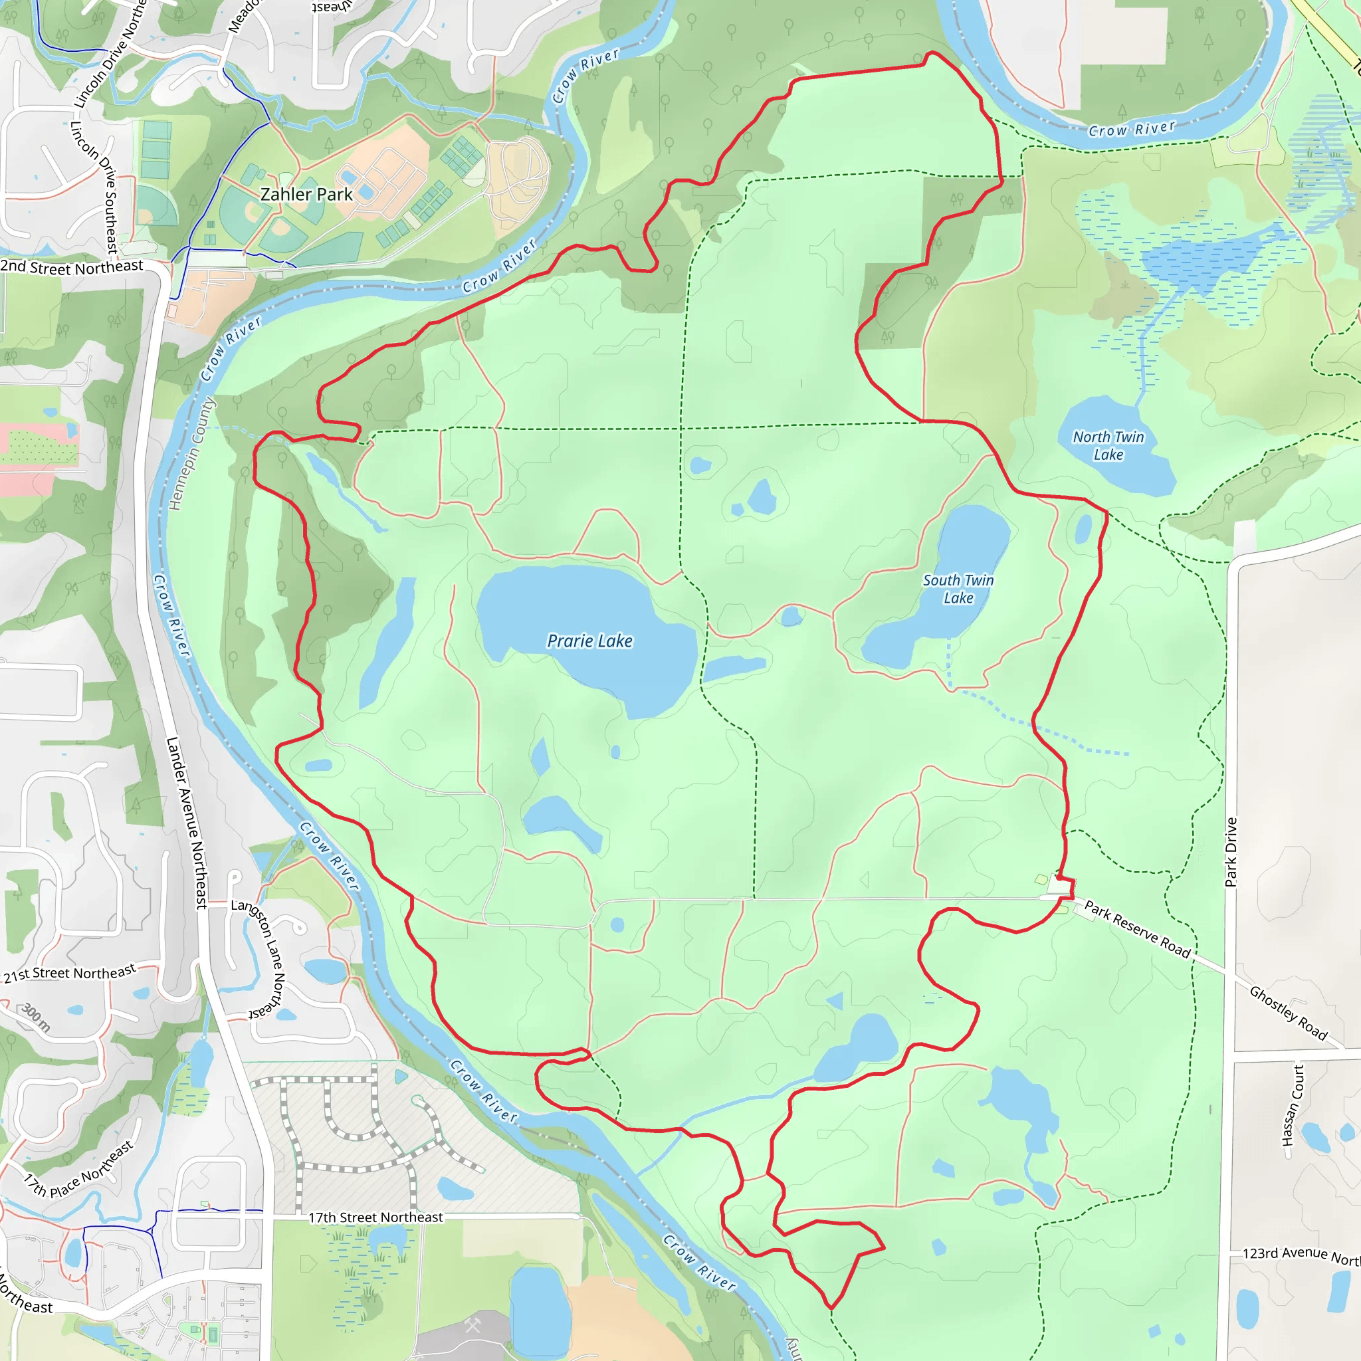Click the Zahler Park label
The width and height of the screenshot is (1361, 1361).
pos(306,195)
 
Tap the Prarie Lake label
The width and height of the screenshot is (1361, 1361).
pos(589,641)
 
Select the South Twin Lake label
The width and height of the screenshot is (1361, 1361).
pos(958,589)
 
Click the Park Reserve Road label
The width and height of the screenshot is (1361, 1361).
pos(1137,929)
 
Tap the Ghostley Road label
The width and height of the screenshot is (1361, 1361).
pos(1288,1013)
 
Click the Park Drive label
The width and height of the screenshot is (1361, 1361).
pos(1231,852)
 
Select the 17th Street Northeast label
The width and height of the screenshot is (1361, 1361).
pos(375,1217)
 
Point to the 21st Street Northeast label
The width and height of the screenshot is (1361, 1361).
pos(70,974)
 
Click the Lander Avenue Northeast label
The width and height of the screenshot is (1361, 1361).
pos(187,822)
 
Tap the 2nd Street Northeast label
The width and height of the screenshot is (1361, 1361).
pos(71,267)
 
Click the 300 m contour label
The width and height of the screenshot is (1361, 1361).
pos(35,1017)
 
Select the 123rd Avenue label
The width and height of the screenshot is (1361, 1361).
pos(1301,1255)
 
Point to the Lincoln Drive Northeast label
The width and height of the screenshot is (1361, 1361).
pos(110,55)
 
